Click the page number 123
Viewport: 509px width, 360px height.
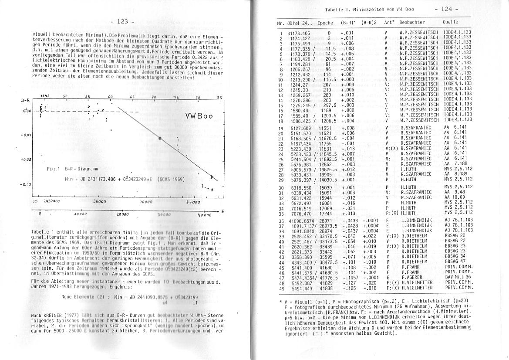tap(122, 21)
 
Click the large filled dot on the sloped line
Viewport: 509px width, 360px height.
tap(160, 138)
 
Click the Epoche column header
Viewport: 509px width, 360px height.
tap(325, 23)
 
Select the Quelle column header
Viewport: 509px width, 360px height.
tap(450, 22)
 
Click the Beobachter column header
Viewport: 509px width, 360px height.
tap(412, 22)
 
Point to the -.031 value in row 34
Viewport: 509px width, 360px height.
tap(348, 208)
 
